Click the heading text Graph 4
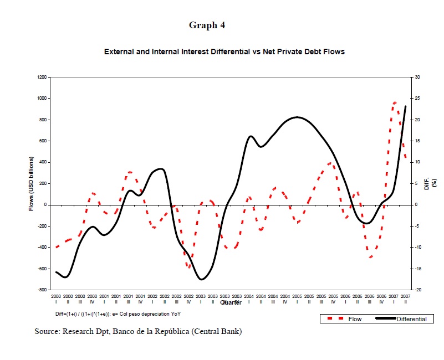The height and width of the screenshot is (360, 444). [207, 25]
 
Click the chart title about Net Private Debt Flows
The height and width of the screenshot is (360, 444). [224, 52]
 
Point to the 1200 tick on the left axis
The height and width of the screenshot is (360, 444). [42, 77]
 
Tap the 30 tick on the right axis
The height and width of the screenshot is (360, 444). [417, 77]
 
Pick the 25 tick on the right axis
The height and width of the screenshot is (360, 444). [417, 99]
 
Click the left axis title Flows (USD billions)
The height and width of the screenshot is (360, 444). [32, 183]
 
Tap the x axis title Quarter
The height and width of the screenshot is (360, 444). [231, 302]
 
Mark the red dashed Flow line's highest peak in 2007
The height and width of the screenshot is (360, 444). [394, 102]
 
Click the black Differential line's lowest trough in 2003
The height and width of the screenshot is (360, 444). [201, 279]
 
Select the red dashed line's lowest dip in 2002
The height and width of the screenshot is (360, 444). [189, 268]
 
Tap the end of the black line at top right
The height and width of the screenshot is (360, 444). [406, 106]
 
